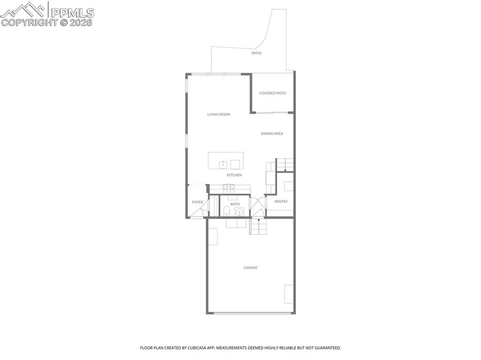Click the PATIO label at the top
(256, 53)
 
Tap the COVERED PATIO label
(273, 93)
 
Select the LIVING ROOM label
(219, 115)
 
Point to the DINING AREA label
(272, 134)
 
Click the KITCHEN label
(234, 175)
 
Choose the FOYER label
(198, 202)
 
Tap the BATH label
(235, 204)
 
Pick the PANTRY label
(281, 201)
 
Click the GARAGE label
(251, 268)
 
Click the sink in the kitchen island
(223, 164)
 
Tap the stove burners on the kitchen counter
(229, 186)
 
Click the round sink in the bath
(239, 212)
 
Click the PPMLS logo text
(72, 13)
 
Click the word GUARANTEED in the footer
(329, 348)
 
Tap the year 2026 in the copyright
(81, 23)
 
